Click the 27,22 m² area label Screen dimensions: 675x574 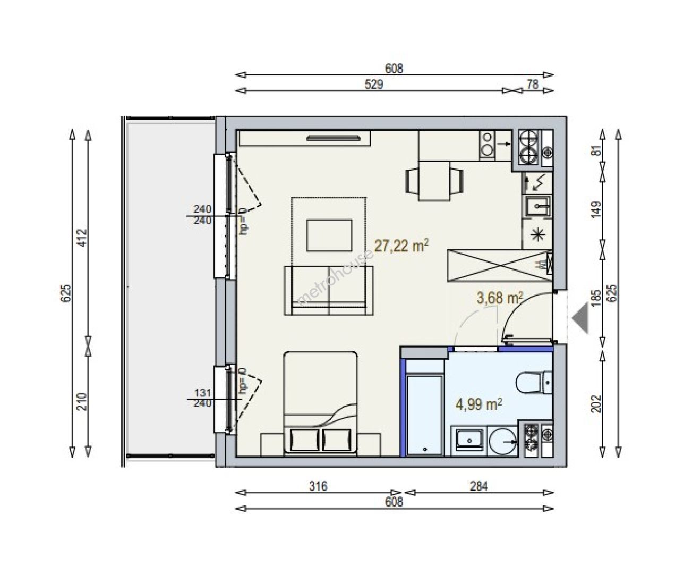coord(401,246)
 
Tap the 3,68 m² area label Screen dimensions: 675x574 coord(500,298)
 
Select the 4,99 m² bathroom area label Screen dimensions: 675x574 coord(479,404)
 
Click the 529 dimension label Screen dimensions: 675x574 coord(373,85)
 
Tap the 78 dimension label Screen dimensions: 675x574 coord(533,85)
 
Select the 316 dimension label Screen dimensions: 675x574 coord(318,486)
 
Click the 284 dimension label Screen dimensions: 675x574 coord(479,486)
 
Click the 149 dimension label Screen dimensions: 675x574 coord(596,210)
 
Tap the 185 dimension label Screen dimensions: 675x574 coord(596,298)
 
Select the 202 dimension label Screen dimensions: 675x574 coord(596,404)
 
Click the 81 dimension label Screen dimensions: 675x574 coord(596,151)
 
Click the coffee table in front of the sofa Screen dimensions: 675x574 coord(329,235)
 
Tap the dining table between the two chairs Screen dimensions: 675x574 coord(434,181)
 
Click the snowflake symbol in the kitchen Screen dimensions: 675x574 coord(537,235)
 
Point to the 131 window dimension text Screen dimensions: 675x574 coord(203,393)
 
